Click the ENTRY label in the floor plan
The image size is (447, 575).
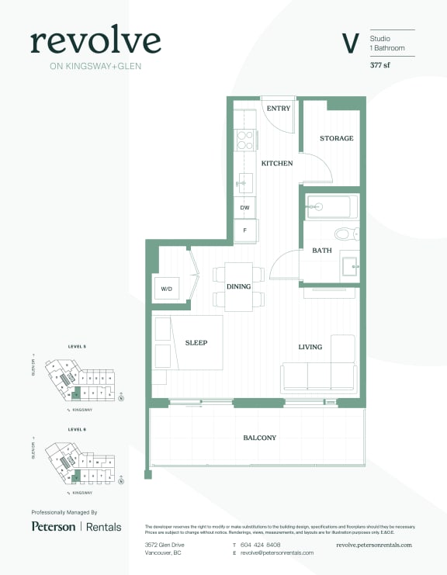[x=278, y=109]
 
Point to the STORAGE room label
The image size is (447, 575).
[x=336, y=138]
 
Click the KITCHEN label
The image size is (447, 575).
[x=276, y=164]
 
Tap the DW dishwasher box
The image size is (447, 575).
[x=244, y=208]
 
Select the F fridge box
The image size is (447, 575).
[x=244, y=230]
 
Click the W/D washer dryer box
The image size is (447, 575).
[x=166, y=289]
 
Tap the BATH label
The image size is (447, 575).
[x=321, y=251]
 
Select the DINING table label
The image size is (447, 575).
[x=238, y=287]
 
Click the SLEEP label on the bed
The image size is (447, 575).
[x=196, y=342]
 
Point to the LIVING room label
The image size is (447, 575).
[x=310, y=347]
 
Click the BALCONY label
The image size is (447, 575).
[x=259, y=438]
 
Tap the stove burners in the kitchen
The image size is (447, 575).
[x=244, y=140]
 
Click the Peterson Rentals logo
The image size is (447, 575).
[x=76, y=526]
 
